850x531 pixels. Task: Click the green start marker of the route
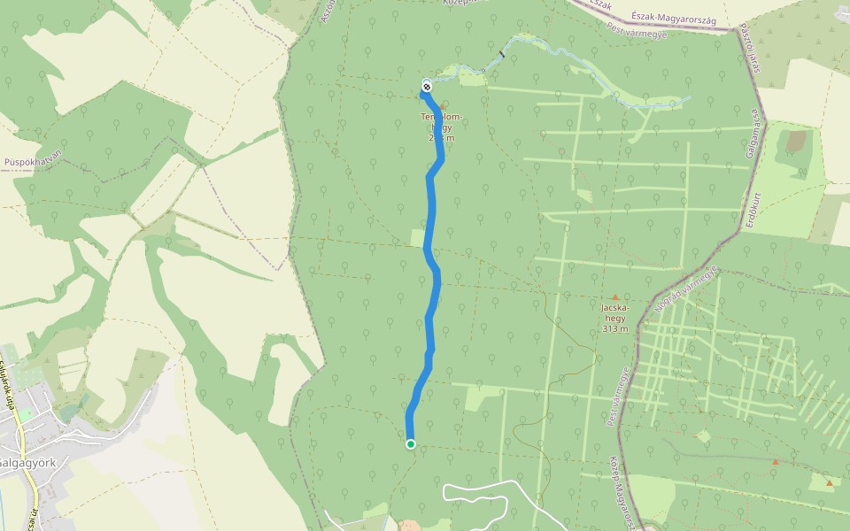click(411, 444)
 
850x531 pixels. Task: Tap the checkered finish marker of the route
click(427, 86)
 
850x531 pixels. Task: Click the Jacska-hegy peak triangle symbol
click(614, 297)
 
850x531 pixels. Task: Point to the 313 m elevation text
click(614, 329)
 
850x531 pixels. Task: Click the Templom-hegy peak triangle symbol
click(443, 107)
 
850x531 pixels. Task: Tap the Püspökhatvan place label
click(32, 162)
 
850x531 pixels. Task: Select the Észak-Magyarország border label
click(675, 19)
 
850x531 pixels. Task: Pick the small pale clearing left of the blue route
click(417, 237)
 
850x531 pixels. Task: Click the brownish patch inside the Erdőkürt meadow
click(797, 141)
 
